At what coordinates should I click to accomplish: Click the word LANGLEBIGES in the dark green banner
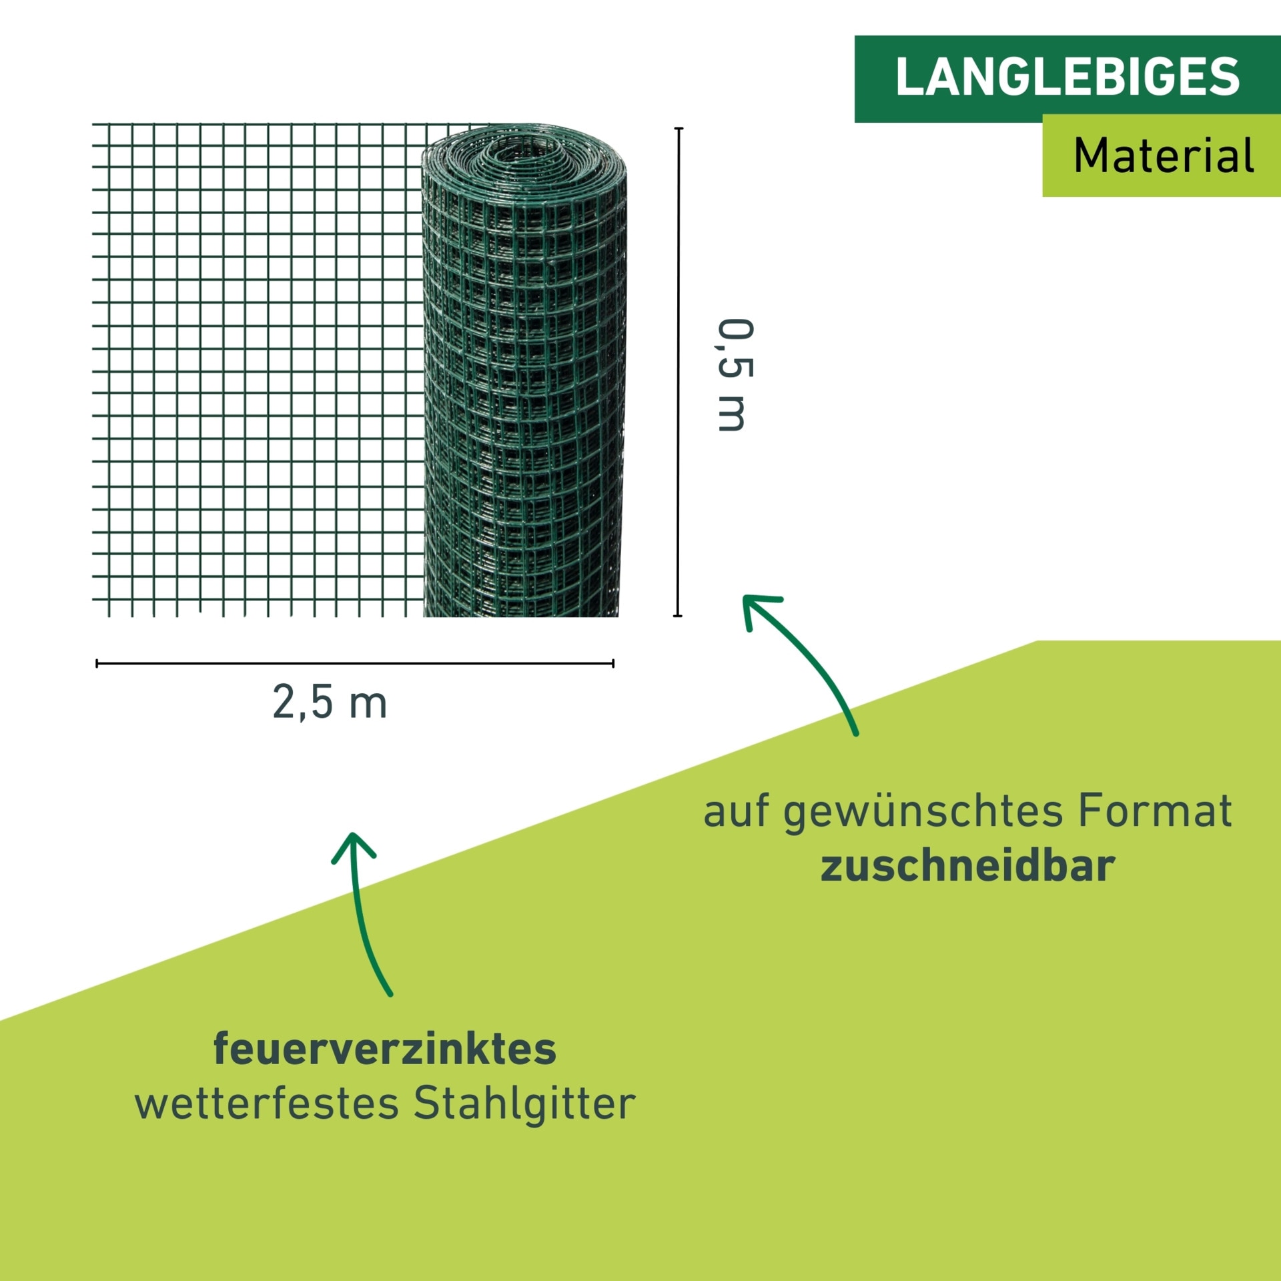coord(1067,77)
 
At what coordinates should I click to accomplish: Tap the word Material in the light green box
coord(1164,156)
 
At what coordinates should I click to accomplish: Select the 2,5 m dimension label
coord(330,703)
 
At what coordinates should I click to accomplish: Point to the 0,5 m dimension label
coord(734,375)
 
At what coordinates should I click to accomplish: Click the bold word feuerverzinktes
coord(384,1049)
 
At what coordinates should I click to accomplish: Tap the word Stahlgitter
coord(524,1104)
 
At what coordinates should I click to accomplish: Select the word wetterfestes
coord(267,1104)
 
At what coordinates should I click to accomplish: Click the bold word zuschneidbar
coord(967,866)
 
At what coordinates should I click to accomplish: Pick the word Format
coord(1155,811)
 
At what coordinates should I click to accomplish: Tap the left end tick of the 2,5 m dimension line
coord(97,663)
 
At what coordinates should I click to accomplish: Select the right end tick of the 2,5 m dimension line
coord(612,663)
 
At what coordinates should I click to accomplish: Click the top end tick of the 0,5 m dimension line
coord(679,128)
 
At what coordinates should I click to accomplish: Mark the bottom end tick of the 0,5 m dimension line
coord(679,616)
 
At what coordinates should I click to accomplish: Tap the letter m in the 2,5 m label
coord(368,705)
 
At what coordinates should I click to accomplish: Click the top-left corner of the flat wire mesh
coord(93,125)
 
